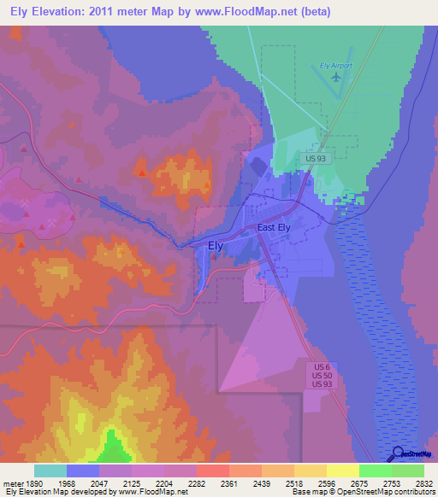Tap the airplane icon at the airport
coord(336,77)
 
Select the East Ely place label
coord(276,228)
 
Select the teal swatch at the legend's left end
coord(50,471)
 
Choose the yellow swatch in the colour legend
coord(342,471)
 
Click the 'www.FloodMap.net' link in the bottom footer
coord(155,492)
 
